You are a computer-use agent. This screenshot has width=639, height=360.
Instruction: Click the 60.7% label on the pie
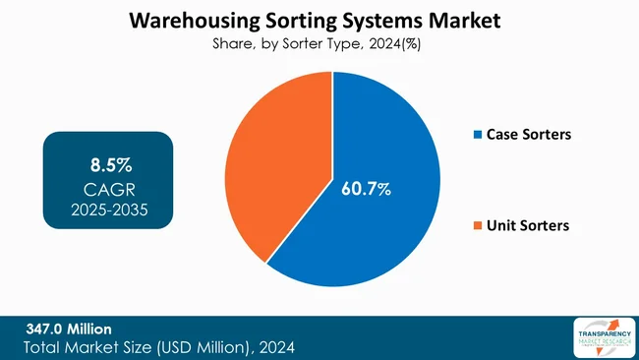point(366,187)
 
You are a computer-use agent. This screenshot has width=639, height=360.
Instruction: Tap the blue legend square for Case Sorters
point(478,135)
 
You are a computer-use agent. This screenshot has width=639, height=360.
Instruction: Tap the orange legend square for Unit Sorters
point(478,226)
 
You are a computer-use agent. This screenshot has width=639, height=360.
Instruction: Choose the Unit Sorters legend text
point(528,226)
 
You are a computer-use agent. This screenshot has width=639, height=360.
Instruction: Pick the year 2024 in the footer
point(273,347)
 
